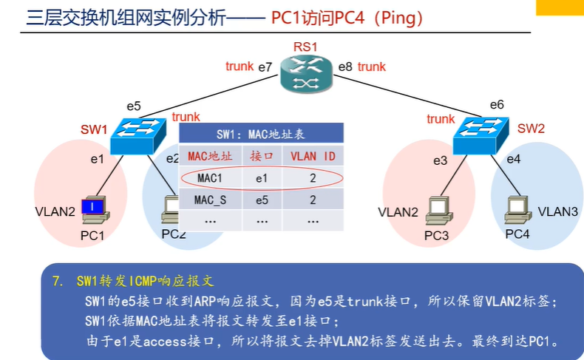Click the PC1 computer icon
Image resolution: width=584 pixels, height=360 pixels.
coord(94,211)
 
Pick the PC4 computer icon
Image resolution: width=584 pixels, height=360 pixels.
coord(516,210)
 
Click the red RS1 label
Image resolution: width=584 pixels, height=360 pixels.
coord(304,47)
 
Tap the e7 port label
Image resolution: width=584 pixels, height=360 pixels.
coord(265,67)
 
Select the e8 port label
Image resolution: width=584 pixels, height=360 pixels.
coord(345,67)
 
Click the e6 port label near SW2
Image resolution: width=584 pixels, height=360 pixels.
coord(497,105)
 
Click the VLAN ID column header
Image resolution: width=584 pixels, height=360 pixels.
coord(313,157)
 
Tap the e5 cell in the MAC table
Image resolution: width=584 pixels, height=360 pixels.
coord(262,200)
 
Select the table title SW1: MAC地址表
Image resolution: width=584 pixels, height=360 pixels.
coord(261,135)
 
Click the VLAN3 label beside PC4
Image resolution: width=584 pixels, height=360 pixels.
coord(557,211)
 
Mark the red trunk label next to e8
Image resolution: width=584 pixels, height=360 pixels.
coord(372,67)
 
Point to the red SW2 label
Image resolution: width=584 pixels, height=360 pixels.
coord(531,129)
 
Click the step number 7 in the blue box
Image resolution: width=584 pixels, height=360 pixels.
coord(57,282)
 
